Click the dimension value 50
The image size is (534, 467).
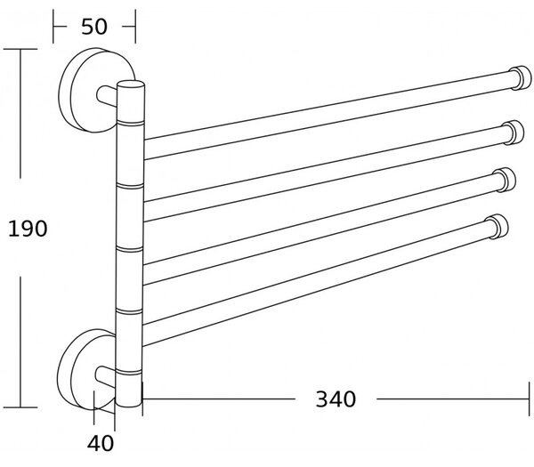click(94, 27)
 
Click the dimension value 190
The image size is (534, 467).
click(28, 229)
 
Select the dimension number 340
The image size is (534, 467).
click(336, 399)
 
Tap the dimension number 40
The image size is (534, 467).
click(101, 444)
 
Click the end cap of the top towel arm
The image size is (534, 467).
click(521, 77)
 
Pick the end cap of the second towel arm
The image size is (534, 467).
click(514, 133)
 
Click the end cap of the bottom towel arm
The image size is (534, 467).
click(498, 227)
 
